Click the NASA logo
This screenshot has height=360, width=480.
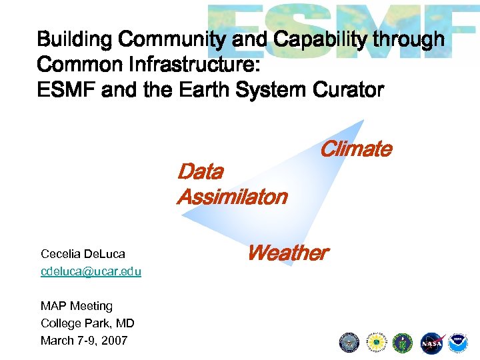click(431, 343)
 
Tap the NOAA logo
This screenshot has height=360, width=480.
click(458, 343)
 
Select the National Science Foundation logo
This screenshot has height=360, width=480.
click(377, 343)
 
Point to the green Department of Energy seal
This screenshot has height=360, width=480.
click(403, 343)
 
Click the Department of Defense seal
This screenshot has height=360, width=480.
click(349, 343)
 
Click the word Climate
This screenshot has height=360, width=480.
click(355, 149)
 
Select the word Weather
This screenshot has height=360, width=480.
click(287, 253)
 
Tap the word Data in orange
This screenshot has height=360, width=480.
click(200, 172)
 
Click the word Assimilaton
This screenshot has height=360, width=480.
click(231, 197)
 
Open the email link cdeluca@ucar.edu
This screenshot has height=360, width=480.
click(91, 271)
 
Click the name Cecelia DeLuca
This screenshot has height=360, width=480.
click(83, 254)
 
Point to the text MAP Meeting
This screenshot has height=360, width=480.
click(77, 306)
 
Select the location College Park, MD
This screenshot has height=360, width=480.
click(87, 323)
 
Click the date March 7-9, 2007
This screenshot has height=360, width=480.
click(84, 341)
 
